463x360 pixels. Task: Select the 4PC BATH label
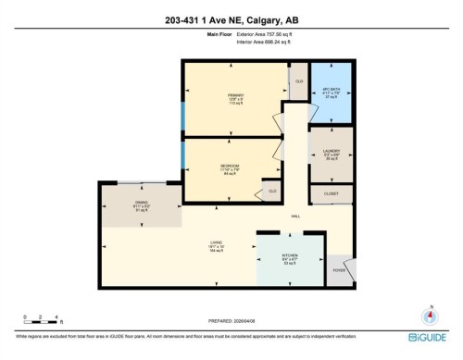click(332, 91)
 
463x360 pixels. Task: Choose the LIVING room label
click(215, 243)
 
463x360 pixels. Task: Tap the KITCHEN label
click(291, 258)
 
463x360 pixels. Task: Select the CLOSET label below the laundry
click(331, 192)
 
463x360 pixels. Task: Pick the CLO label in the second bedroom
click(272, 191)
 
